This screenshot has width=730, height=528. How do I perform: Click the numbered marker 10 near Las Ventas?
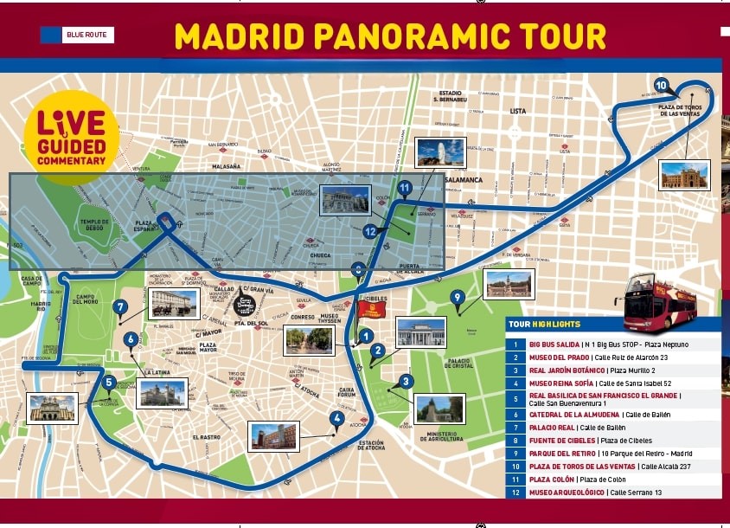(x=661, y=85)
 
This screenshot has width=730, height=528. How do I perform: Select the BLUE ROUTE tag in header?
(x=77, y=35)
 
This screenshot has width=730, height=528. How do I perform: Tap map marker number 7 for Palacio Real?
(x=119, y=306)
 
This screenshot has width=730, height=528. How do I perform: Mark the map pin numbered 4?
(x=336, y=419)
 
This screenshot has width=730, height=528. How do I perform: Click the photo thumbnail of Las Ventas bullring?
(x=683, y=175)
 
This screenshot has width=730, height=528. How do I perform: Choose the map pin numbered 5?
(x=108, y=382)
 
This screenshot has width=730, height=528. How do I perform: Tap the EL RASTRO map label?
(x=207, y=437)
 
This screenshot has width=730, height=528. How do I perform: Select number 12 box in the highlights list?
(x=515, y=492)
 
